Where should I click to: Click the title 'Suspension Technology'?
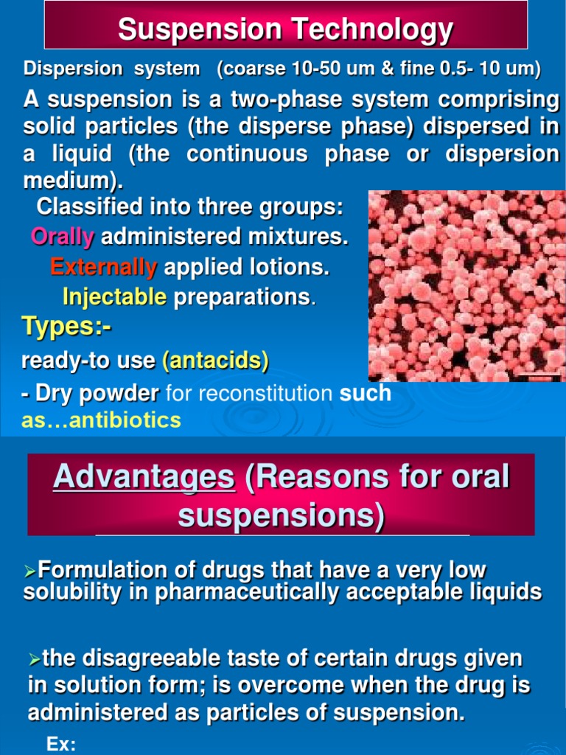[x=285, y=29]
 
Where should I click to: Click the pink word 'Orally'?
[x=63, y=237]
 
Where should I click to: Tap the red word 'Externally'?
[x=103, y=267]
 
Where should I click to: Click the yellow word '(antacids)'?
[x=216, y=361]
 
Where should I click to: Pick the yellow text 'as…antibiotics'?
[x=101, y=420]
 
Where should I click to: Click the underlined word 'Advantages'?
[x=144, y=477]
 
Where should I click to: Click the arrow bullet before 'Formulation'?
[x=30, y=571]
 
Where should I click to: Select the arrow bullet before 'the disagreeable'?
[x=35, y=658]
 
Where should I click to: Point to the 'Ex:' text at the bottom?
[x=61, y=745]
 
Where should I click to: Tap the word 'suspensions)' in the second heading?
[x=281, y=515]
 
